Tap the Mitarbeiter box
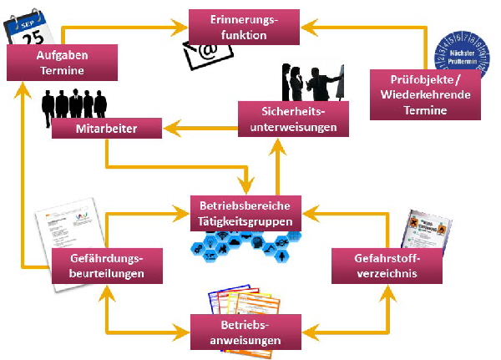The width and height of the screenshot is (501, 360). [x=106, y=129]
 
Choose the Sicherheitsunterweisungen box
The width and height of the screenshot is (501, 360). [x=287, y=119]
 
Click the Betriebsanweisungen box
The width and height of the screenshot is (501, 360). [x=245, y=332]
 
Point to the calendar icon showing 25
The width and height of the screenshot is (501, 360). [x=28, y=28]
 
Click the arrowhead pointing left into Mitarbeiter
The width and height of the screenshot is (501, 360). [x=168, y=129]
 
